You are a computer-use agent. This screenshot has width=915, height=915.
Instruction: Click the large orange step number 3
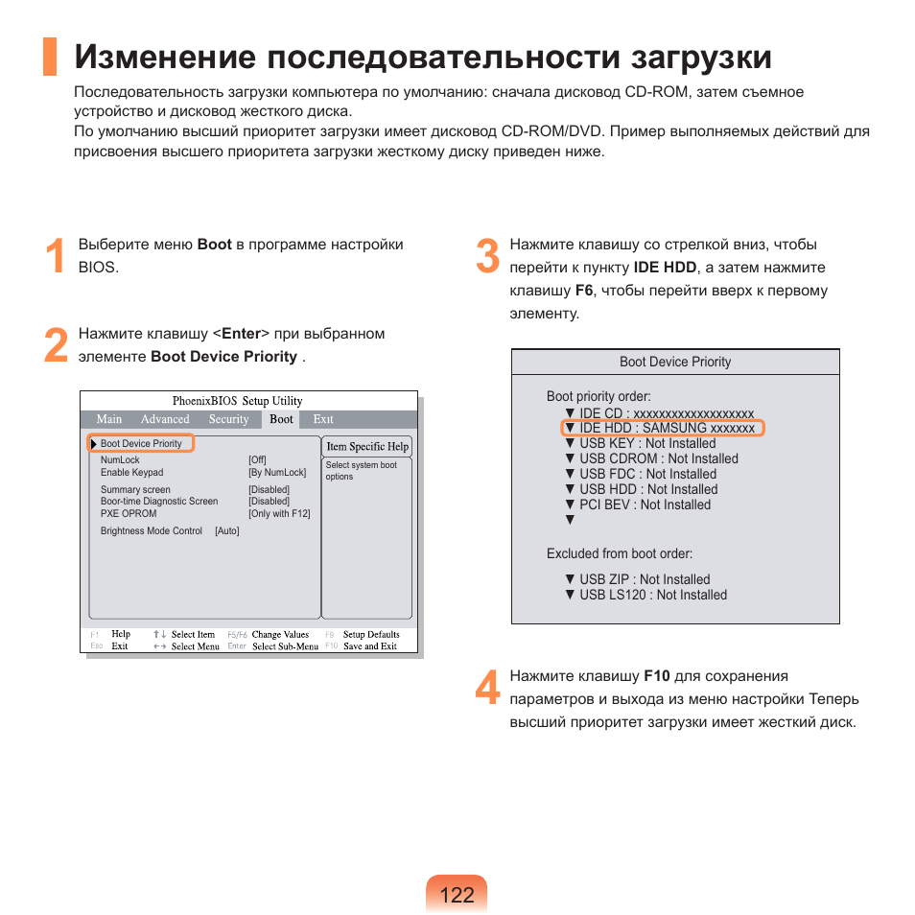tap(487, 257)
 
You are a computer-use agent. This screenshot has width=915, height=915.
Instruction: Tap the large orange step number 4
tap(487, 689)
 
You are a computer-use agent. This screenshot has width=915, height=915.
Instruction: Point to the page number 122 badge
tap(457, 895)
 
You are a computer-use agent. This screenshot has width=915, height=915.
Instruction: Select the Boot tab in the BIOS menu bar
tap(281, 419)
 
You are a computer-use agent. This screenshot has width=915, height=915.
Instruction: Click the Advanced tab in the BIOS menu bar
tap(165, 419)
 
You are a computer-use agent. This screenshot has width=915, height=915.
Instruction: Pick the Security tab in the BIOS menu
tap(228, 419)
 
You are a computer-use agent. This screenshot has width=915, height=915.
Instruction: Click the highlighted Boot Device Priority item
tap(141, 443)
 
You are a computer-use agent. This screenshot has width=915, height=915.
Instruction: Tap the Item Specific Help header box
tap(366, 447)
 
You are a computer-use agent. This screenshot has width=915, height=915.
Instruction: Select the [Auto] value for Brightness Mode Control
tap(227, 530)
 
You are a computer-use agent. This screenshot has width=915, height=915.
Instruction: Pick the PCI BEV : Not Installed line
tap(645, 504)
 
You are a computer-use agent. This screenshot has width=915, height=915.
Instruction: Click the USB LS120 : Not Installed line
tap(652, 595)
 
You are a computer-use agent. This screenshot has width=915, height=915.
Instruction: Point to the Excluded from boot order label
tap(620, 553)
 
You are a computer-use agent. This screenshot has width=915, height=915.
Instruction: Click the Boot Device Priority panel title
tap(675, 362)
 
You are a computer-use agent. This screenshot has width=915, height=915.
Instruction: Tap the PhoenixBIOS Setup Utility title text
tap(237, 401)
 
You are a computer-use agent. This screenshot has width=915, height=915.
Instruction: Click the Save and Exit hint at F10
tap(370, 646)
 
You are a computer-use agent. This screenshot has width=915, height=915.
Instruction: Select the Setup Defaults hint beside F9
tap(371, 635)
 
